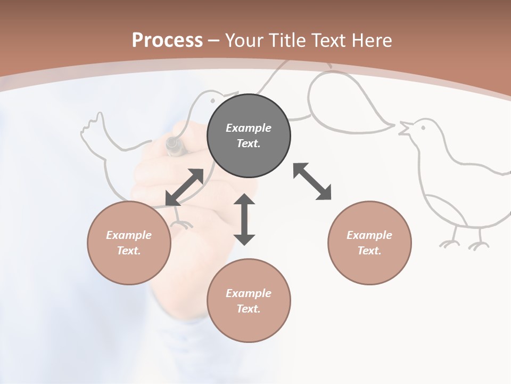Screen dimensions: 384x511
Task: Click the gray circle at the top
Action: pyautogui.click(x=249, y=135)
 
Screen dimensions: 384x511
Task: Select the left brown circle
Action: pyautogui.click(x=129, y=243)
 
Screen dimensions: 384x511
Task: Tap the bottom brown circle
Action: pyautogui.click(x=249, y=300)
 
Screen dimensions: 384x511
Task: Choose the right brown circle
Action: pyautogui.click(x=369, y=243)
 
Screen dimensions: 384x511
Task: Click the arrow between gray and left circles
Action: pyautogui.click(x=184, y=187)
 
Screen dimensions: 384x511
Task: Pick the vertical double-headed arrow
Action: pyautogui.click(x=244, y=219)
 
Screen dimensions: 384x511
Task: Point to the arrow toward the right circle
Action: pyautogui.click(x=312, y=181)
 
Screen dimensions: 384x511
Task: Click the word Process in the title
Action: pyautogui.click(x=167, y=40)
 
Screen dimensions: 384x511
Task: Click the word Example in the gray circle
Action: pyautogui.click(x=249, y=128)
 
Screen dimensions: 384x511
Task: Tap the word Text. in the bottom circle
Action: pyautogui.click(x=249, y=309)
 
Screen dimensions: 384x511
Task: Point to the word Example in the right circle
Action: pyautogui.click(x=369, y=235)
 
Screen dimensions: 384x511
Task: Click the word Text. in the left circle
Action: pyautogui.click(x=129, y=251)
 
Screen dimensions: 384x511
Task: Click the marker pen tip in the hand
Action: pyautogui.click(x=172, y=144)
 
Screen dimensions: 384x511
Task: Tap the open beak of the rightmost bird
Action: pyautogui.click(x=405, y=129)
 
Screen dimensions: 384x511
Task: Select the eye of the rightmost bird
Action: pyautogui.click(x=423, y=127)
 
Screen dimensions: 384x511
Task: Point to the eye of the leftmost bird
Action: pyautogui.click(x=212, y=99)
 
